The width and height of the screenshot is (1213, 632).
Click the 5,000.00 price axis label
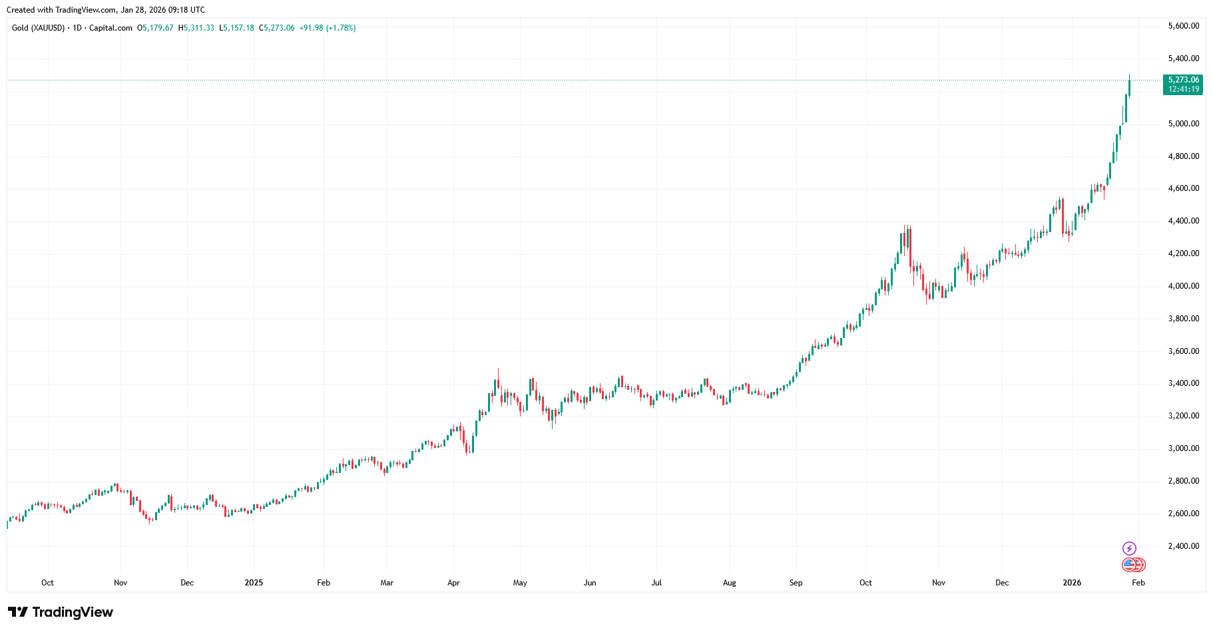[1183, 124]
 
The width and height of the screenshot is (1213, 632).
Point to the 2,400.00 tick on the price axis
[1183, 546]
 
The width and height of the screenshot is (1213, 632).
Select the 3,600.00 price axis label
[1183, 351]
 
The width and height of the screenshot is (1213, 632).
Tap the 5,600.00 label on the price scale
[1183, 26]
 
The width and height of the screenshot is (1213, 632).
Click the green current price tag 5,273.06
[1183, 80]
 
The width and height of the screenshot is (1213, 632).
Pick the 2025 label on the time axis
[254, 583]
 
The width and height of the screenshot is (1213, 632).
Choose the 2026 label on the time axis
[1072, 583]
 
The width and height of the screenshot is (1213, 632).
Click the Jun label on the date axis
[590, 583]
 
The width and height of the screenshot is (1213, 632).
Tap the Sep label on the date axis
[796, 583]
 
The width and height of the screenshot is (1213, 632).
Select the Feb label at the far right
[1138, 583]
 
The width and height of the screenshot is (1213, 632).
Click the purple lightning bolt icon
[1129, 548]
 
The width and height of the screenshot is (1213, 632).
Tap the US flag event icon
[1129, 565]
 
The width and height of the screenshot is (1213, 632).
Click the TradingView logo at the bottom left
[61, 612]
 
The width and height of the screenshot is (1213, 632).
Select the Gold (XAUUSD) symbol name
[38, 28]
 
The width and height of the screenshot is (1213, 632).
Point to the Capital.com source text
[111, 28]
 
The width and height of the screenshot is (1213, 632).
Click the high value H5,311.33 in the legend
[196, 28]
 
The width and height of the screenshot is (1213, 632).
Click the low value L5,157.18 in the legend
[236, 28]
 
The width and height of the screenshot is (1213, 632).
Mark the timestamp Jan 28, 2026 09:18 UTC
[163, 10]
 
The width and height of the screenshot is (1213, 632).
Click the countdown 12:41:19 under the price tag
[1183, 89]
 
